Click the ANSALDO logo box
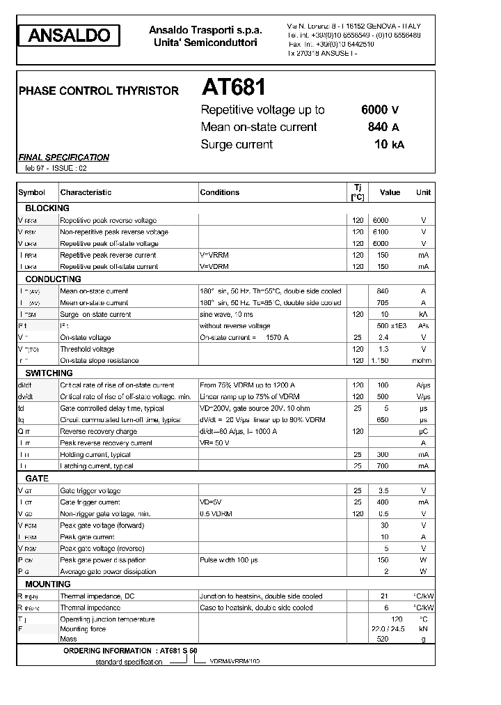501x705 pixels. coord(68,36)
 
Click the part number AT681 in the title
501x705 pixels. coord(234,87)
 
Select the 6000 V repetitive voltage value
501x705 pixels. coord(380,109)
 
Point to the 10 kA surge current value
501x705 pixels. coord(388,144)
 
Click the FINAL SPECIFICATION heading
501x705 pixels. coord(63,157)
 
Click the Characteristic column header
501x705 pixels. coord(86,192)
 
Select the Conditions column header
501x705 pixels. coord(219,192)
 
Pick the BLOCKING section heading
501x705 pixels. coord(47,208)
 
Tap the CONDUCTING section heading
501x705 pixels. coord(53,279)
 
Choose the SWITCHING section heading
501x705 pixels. coord(50,373)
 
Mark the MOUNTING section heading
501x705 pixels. coord(48,584)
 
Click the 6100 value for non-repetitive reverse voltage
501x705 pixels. coord(381,232)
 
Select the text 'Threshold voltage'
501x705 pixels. coord(87,349)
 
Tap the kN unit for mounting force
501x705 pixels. coord(423,629)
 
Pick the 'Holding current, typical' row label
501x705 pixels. coord(95,454)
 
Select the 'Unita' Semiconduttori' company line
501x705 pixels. coord(205,43)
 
